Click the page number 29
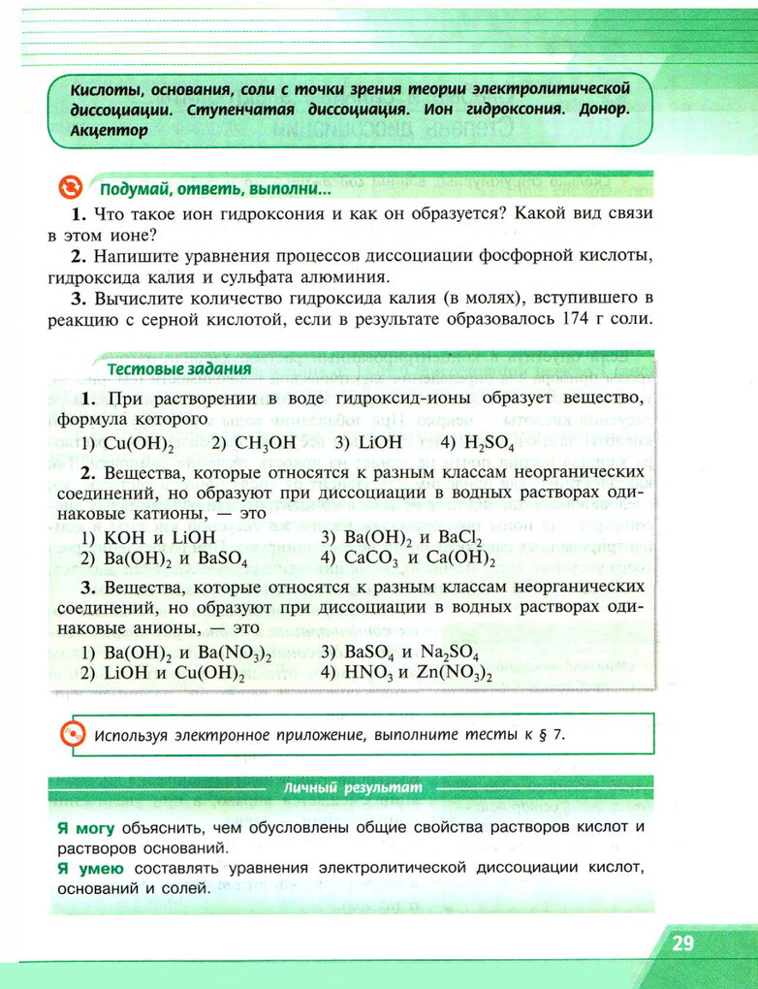point(682,942)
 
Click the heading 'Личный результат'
point(354,788)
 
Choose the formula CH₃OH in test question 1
point(254,443)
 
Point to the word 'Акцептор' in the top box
point(110,130)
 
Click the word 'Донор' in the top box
point(588,109)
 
